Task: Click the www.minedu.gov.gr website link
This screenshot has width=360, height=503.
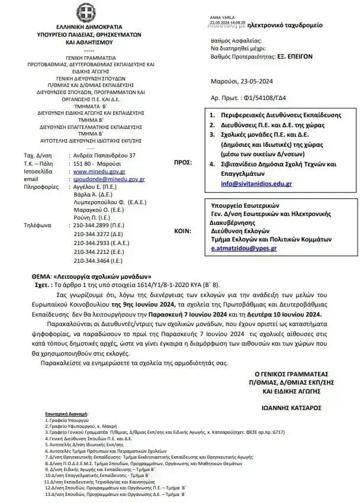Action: tap(95, 171)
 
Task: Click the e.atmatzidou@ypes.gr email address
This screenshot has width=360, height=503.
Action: tap(244, 249)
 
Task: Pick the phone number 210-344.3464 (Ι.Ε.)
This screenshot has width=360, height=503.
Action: tap(99, 260)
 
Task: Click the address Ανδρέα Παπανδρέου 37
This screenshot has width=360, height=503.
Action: tap(104, 155)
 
